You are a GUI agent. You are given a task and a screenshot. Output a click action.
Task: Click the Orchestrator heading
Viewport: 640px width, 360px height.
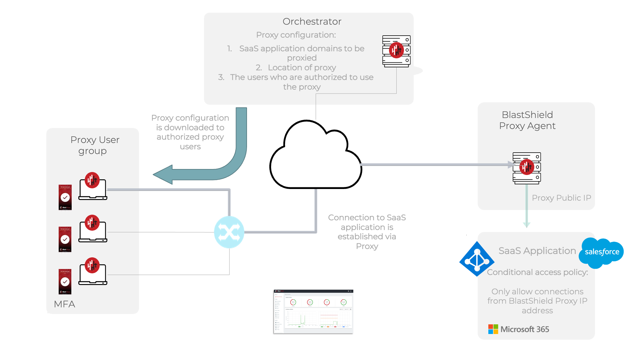(312, 22)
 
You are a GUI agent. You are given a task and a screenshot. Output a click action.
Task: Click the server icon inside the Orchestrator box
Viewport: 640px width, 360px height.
(396, 51)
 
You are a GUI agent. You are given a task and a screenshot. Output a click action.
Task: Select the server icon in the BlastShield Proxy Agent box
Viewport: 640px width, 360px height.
(527, 168)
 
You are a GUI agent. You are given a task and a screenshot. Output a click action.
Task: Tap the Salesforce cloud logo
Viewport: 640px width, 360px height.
(602, 252)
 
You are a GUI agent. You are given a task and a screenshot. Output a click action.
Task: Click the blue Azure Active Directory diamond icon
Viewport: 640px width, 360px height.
(477, 259)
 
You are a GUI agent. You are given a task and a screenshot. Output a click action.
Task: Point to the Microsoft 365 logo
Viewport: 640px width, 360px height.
(518, 329)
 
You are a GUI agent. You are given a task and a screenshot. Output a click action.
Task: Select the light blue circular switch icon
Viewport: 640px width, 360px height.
(229, 232)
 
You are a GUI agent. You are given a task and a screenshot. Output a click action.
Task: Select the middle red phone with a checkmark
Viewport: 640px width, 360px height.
(65, 239)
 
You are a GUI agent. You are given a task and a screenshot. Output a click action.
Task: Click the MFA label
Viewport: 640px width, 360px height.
(64, 304)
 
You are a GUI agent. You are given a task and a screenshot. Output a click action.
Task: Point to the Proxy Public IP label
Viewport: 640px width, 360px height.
(561, 198)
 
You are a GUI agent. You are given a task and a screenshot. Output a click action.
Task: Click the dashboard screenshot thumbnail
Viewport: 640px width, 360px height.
(313, 311)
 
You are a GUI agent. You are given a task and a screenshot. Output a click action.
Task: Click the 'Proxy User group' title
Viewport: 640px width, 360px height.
(95, 145)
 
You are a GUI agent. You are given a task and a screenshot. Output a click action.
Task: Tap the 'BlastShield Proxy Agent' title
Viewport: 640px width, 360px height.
(527, 120)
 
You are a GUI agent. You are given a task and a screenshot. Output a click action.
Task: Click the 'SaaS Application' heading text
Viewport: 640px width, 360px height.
(537, 251)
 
